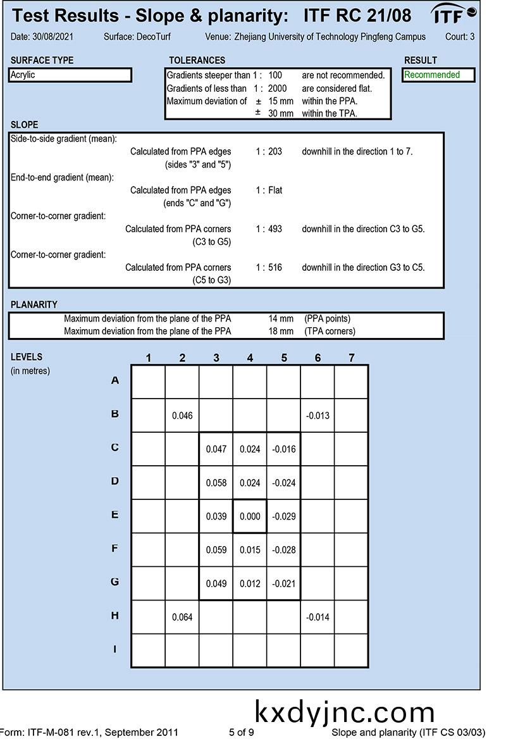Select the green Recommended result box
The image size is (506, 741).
440,75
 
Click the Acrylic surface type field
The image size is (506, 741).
70,75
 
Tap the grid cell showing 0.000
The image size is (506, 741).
250,516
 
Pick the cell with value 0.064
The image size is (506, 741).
182,617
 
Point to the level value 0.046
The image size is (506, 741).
182,416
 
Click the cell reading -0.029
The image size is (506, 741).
283,516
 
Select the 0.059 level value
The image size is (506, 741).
216,550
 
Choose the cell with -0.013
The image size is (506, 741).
318,416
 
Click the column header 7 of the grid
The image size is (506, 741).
352,358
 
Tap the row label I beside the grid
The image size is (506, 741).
114,649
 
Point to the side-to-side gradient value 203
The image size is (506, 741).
275,152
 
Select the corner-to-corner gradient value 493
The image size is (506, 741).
275,228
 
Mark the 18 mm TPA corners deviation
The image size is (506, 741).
281,331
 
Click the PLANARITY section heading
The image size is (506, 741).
34,304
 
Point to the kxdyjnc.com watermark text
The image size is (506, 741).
345,711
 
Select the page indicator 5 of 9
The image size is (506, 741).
242,732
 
